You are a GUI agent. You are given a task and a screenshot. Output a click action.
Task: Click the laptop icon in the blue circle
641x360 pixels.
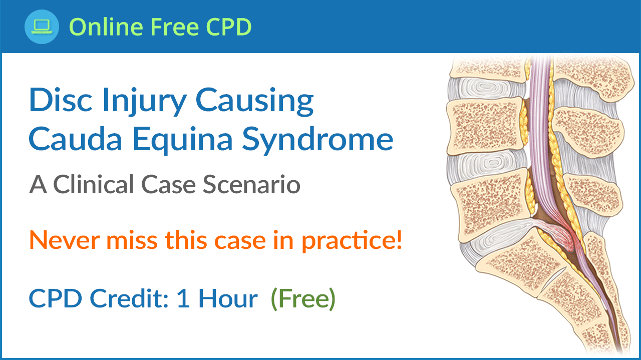(42, 27)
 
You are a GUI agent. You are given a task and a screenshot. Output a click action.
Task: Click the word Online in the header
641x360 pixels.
(106, 27)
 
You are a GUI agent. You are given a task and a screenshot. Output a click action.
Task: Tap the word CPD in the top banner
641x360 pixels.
(229, 27)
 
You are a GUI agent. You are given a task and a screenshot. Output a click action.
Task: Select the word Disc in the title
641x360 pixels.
(61, 100)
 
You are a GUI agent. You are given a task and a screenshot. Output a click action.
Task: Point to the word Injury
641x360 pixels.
(145, 102)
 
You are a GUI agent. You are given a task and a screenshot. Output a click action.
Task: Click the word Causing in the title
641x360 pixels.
(255, 102)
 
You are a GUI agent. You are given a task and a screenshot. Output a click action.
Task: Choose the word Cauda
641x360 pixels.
(76, 139)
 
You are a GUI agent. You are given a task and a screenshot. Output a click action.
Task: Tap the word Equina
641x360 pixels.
(182, 140)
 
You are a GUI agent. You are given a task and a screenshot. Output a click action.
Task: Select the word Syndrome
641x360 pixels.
(317, 140)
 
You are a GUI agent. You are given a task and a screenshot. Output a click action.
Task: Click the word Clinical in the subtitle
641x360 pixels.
(94, 185)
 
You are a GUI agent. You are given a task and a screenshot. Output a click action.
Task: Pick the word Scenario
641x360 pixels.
(251, 185)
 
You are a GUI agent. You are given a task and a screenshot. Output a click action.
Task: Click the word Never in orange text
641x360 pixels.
(65, 240)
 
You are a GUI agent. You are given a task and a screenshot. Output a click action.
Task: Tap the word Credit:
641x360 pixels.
(129, 298)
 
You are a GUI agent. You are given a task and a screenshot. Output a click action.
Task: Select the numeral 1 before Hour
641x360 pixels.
(183, 299)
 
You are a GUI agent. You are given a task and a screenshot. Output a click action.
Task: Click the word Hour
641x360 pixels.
(228, 298)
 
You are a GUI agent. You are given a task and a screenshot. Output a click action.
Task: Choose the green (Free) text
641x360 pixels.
(303, 299)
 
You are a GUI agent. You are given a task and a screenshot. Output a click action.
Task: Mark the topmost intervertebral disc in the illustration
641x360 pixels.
(486, 88)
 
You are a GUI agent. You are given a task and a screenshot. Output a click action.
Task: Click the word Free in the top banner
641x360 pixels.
(175, 27)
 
